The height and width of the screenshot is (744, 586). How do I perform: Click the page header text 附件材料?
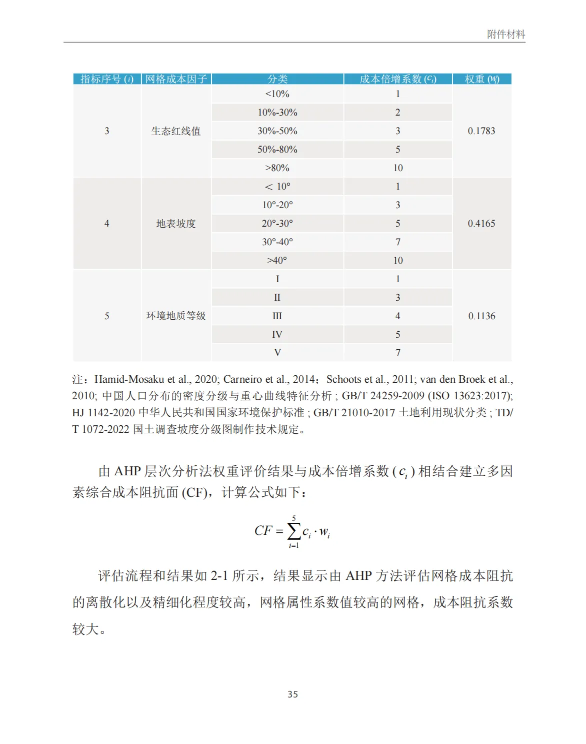[505, 35]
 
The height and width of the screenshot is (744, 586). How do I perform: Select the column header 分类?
[277, 79]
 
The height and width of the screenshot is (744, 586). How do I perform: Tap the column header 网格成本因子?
[176, 79]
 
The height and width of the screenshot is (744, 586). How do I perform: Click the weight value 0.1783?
[481, 131]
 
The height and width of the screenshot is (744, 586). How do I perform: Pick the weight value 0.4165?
[481, 224]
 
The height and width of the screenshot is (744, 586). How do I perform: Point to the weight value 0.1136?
[481, 316]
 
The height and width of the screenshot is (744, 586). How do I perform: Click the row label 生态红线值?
[176, 131]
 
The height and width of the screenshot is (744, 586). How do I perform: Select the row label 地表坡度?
[176, 224]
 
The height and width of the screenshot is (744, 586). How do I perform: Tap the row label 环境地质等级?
[176, 316]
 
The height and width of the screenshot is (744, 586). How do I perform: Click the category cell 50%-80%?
[277, 150]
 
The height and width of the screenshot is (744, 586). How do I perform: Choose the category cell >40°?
[277, 261]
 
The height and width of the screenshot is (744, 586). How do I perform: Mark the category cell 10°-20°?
[277, 205]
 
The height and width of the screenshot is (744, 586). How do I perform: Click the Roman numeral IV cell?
[277, 335]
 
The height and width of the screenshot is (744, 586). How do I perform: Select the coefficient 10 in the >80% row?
[397, 168]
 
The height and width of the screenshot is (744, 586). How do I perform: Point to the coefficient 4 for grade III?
[397, 316]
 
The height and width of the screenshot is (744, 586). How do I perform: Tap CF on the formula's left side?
[263, 531]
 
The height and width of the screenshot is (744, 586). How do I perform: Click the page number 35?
[292, 694]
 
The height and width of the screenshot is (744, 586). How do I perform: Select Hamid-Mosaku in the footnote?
[129, 380]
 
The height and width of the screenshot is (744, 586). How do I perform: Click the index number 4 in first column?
[106, 224]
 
